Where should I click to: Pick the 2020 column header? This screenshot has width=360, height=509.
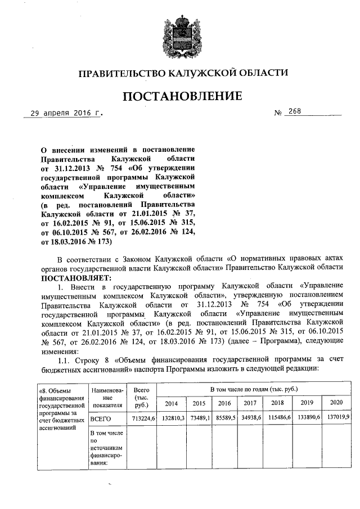(x=336, y=403)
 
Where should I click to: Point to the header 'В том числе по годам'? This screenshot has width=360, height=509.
(x=254, y=389)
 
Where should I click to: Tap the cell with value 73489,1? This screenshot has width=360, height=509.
(x=199, y=419)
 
